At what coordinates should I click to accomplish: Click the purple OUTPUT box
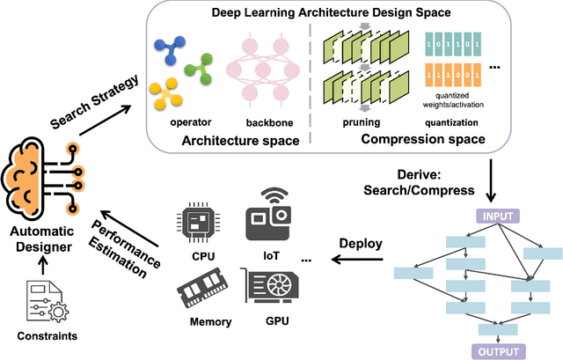(x=499, y=351)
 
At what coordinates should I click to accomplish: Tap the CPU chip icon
(x=203, y=224)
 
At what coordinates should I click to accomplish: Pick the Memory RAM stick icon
(x=204, y=290)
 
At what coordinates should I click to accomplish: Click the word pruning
(x=361, y=123)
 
